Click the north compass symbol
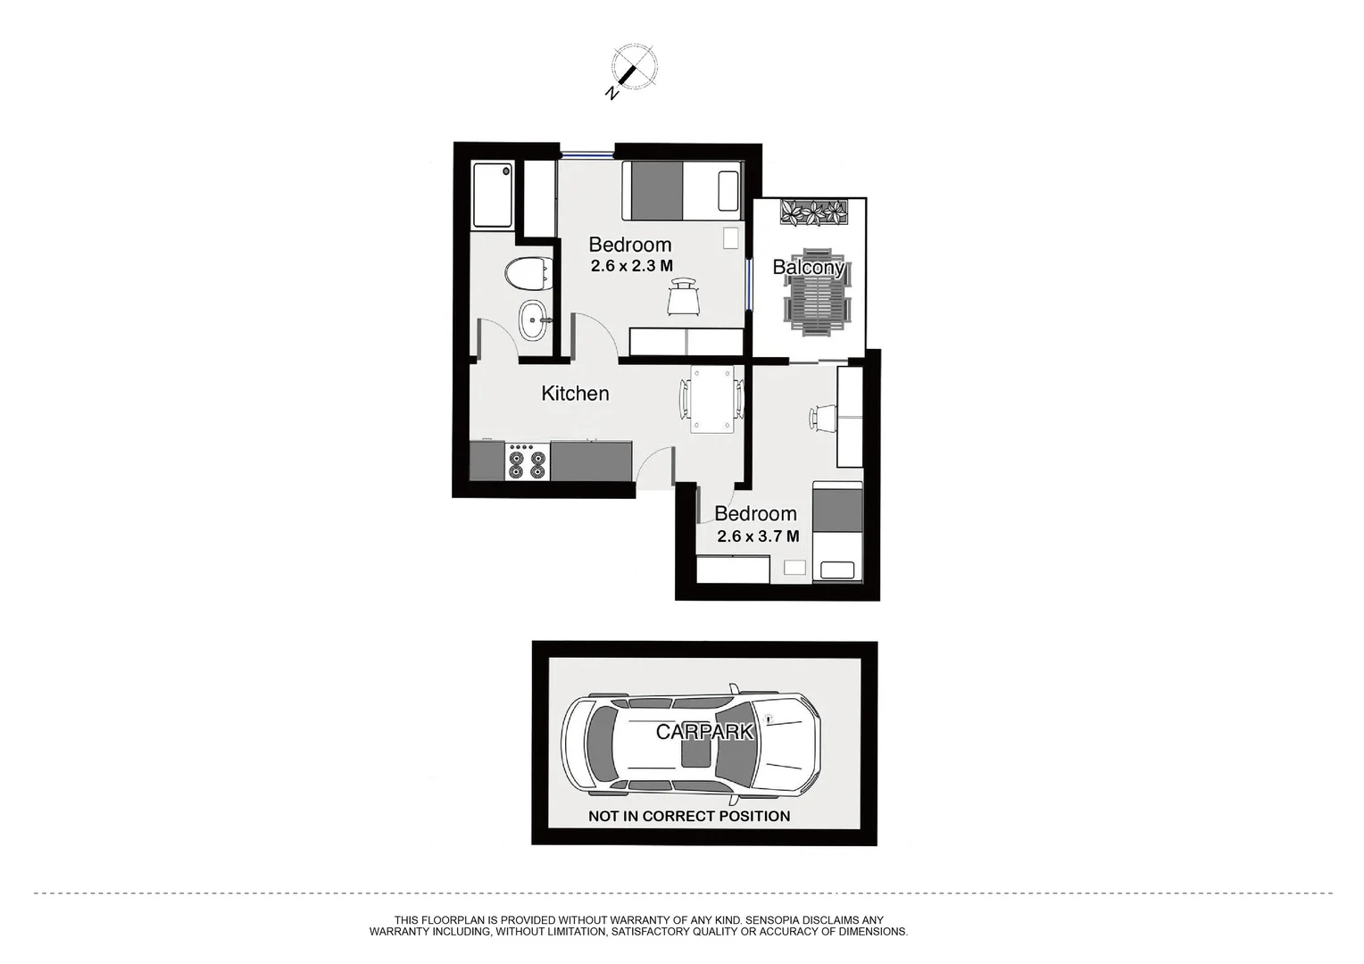tap(633, 68)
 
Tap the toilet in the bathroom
tap(528, 273)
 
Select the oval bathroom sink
tap(534, 320)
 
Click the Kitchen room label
tap(575, 394)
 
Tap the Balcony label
tap(807, 267)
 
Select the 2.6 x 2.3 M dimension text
tap(631, 266)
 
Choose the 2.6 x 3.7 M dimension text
tap(758, 536)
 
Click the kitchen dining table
tap(711, 399)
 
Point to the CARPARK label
tap(704, 732)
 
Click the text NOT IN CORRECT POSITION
tap(689, 816)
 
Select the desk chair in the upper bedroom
tap(683, 296)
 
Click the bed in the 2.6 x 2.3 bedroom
tap(682, 190)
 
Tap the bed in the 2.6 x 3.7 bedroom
tap(837, 531)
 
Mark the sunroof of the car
tap(696, 752)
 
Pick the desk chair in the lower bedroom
tap(823, 417)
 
